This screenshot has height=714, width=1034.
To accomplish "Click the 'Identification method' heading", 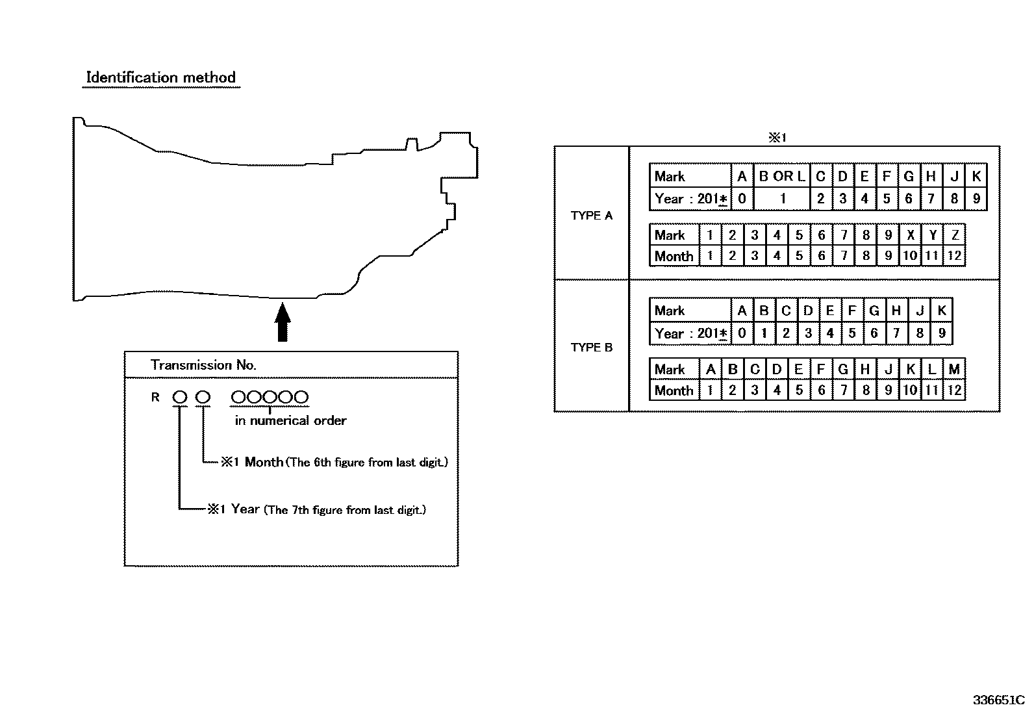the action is (x=160, y=77).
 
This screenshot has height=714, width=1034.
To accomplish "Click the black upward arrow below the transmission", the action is (x=283, y=322).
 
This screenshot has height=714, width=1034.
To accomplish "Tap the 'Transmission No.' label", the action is (x=203, y=365).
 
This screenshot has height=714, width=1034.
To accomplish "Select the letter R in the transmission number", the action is (x=155, y=397).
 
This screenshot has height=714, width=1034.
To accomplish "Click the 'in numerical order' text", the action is (x=290, y=421).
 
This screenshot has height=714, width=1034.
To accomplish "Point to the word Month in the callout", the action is (x=264, y=462).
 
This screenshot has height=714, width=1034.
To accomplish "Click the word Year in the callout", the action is (x=245, y=509).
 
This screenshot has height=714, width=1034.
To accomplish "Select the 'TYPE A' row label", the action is (x=591, y=216).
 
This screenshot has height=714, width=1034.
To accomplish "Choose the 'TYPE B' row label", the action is (x=591, y=348).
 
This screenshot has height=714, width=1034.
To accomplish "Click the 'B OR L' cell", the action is (x=782, y=176).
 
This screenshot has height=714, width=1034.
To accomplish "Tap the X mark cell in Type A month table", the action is (x=911, y=235).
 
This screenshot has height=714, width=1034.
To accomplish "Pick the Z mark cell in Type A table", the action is (x=955, y=235).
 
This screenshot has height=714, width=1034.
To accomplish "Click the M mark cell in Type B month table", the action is (x=955, y=369).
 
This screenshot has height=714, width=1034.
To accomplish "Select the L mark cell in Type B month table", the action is (x=933, y=369).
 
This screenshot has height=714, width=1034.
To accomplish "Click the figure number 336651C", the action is (x=998, y=700).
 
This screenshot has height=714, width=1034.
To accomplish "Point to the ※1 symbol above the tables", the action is (x=777, y=137).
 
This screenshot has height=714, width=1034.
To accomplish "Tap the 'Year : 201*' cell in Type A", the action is (x=690, y=199).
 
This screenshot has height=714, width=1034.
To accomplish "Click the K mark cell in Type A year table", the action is (x=976, y=176).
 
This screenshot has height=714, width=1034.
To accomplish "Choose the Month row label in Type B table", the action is (x=674, y=390).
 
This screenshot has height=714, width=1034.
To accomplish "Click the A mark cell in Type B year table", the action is (x=742, y=311).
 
